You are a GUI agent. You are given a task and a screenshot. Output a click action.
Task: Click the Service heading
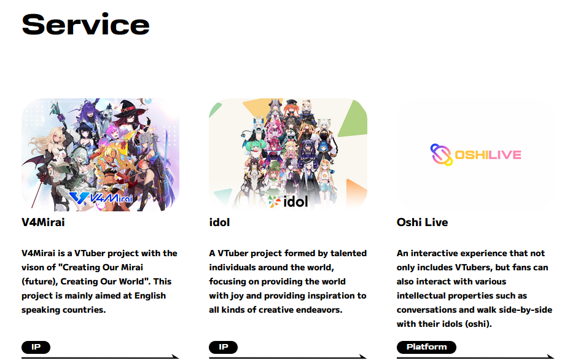pos(85,25)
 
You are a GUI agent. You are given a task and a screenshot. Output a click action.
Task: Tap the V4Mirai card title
pos(43,222)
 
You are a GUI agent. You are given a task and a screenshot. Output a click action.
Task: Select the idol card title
pos(219,222)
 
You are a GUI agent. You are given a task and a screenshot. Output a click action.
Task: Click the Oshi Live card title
pos(423,222)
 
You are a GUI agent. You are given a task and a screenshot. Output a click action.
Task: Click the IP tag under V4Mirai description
pos(36,347)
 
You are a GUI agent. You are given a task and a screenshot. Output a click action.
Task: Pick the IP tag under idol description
pos(223,347)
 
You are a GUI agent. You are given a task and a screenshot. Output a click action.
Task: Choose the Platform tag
pos(426,347)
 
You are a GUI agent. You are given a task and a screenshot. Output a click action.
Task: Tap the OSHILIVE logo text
pos(488,155)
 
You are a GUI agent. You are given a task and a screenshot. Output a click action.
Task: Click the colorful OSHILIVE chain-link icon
pos(442,155)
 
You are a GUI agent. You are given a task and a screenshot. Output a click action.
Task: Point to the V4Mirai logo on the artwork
pos(101,197)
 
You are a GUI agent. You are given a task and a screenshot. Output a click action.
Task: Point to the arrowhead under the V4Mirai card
pos(175,356)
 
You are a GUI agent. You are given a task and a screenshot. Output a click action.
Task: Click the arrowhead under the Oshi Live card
pos(550,356)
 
